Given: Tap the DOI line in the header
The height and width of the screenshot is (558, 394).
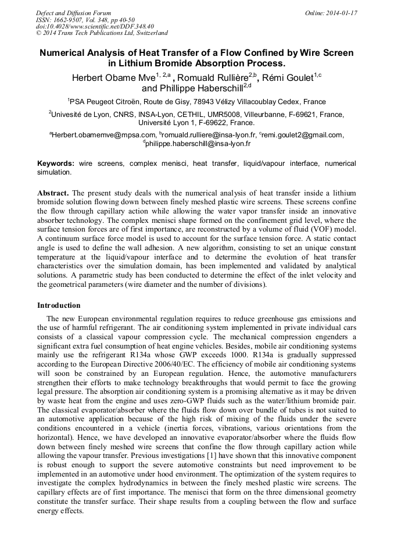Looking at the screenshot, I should click(95, 26).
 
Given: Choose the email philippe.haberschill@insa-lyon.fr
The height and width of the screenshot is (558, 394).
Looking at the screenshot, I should click(198, 143).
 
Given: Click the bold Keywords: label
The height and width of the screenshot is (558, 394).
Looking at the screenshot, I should click(56, 164).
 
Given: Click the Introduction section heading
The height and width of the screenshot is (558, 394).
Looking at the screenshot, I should click(59, 305).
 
